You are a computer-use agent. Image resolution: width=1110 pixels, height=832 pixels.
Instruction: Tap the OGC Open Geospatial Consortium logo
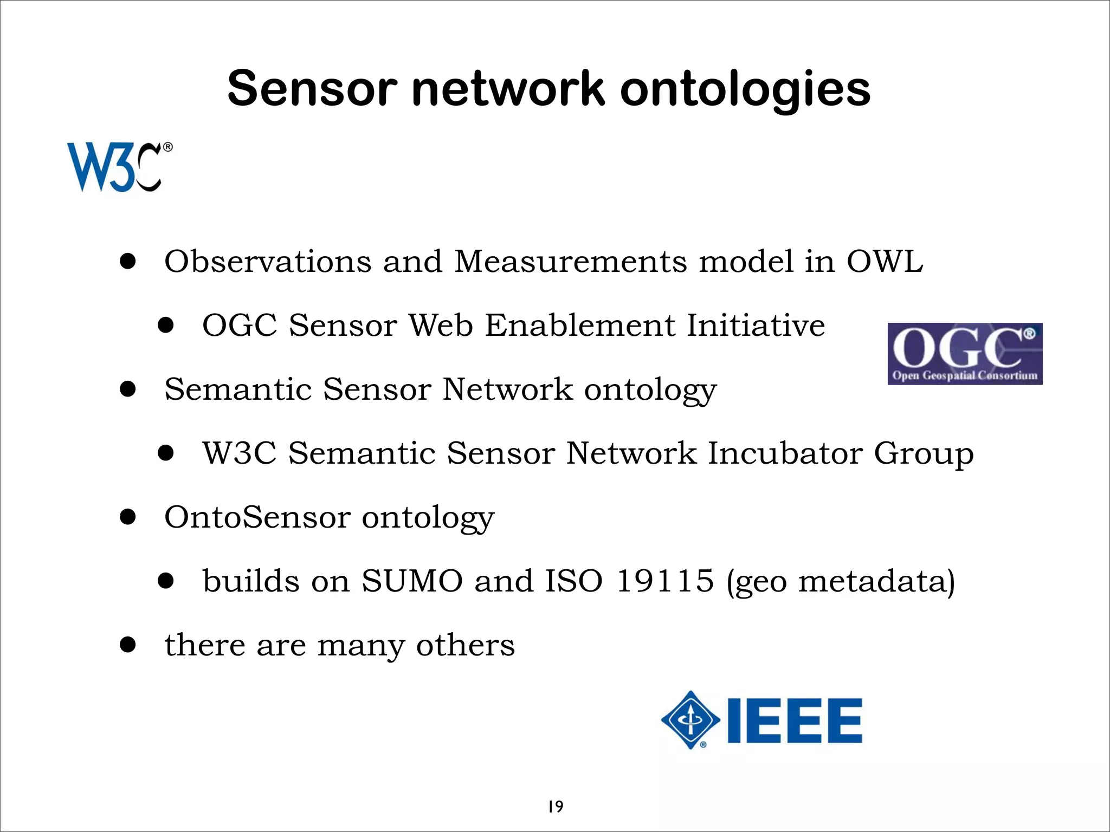(964, 354)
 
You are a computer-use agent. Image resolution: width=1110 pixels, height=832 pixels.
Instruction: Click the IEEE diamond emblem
(690, 720)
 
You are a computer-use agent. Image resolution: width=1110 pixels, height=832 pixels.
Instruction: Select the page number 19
(555, 807)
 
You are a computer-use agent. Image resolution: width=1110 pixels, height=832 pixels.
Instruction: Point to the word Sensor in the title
(312, 89)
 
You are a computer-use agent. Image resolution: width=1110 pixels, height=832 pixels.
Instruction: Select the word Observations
(268, 262)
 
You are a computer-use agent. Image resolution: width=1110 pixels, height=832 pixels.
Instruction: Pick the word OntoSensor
(257, 517)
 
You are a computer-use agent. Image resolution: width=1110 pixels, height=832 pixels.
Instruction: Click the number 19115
(665, 581)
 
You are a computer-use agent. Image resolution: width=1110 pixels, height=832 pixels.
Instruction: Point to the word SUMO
(412, 581)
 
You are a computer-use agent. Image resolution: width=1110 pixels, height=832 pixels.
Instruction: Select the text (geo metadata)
(840, 582)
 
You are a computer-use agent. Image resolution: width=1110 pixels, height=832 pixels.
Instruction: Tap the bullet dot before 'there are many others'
(128, 645)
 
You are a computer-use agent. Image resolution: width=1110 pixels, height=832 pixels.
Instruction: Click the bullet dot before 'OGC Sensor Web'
(166, 326)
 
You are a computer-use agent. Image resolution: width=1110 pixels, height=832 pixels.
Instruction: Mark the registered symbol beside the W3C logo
(167, 147)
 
